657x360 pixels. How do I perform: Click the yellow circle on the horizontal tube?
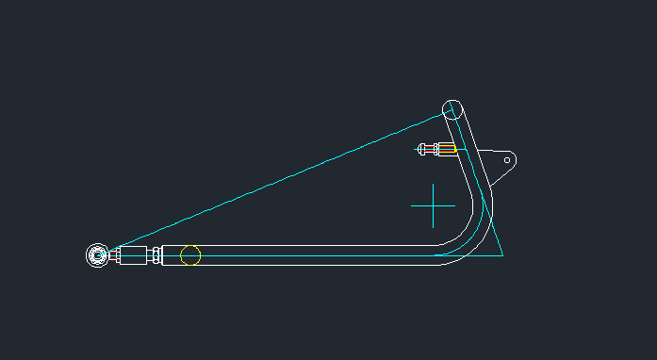[190, 255]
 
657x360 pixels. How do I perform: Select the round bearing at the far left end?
[97, 254]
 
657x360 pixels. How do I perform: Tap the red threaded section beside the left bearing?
[115, 255]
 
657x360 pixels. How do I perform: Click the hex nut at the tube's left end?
[155, 255]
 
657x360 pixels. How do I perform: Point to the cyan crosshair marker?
[434, 205]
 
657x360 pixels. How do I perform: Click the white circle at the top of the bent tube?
[452, 108]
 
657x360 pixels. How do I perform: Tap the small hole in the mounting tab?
[507, 160]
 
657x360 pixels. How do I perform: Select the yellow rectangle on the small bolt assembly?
[448, 148]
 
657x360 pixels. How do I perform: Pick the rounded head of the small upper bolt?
[421, 148]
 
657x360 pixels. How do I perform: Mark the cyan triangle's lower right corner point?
[502, 254]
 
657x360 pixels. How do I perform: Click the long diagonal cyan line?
[283, 179]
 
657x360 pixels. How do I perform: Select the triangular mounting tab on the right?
[497, 162]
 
